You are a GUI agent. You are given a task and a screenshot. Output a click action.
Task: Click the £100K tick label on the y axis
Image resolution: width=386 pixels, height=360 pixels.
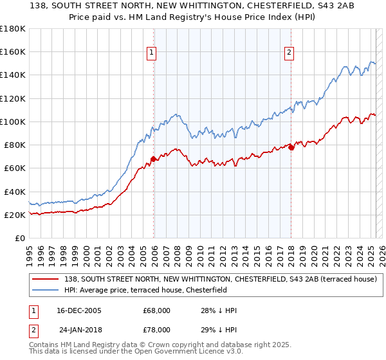12,122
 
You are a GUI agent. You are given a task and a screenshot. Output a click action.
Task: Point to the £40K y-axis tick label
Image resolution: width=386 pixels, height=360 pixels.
15,192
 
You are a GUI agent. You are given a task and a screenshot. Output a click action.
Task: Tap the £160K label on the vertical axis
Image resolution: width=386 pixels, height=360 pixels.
12,51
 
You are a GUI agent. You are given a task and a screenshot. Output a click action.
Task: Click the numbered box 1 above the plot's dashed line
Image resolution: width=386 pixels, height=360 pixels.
152,53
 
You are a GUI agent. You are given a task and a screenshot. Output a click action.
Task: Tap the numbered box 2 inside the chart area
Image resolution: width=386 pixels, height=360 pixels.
289,53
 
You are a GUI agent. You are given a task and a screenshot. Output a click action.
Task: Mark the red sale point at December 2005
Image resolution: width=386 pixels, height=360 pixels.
154,159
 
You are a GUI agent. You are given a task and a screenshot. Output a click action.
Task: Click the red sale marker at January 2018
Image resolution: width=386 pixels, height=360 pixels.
291,147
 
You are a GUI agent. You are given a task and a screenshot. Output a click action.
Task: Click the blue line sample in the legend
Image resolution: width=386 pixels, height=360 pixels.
46,289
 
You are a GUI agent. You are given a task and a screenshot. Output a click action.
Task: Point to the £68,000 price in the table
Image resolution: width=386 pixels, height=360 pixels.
156,310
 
